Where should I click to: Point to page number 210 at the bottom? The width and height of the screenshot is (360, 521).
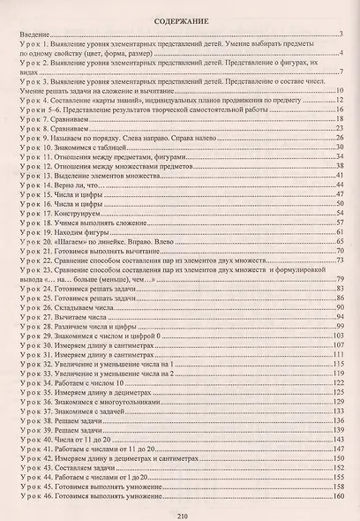179,513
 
